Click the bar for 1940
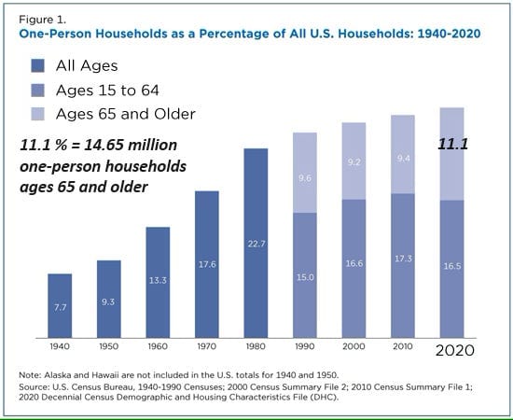click(x=60, y=306)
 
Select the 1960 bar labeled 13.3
click(x=158, y=282)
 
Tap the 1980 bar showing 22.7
click(x=256, y=244)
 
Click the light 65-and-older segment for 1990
click(x=305, y=173)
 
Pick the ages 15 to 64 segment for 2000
click(x=354, y=269)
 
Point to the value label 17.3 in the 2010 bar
click(x=403, y=259)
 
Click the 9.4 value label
click(x=403, y=159)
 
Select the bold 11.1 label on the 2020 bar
click(x=453, y=144)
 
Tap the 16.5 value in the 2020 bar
click(x=452, y=266)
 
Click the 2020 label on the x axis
click(x=455, y=350)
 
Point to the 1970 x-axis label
click(x=207, y=346)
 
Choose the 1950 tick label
click(x=108, y=346)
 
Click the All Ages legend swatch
click(x=37, y=65)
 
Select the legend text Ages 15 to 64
click(x=107, y=91)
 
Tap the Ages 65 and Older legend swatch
click(x=37, y=114)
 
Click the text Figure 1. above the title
click(x=43, y=20)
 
